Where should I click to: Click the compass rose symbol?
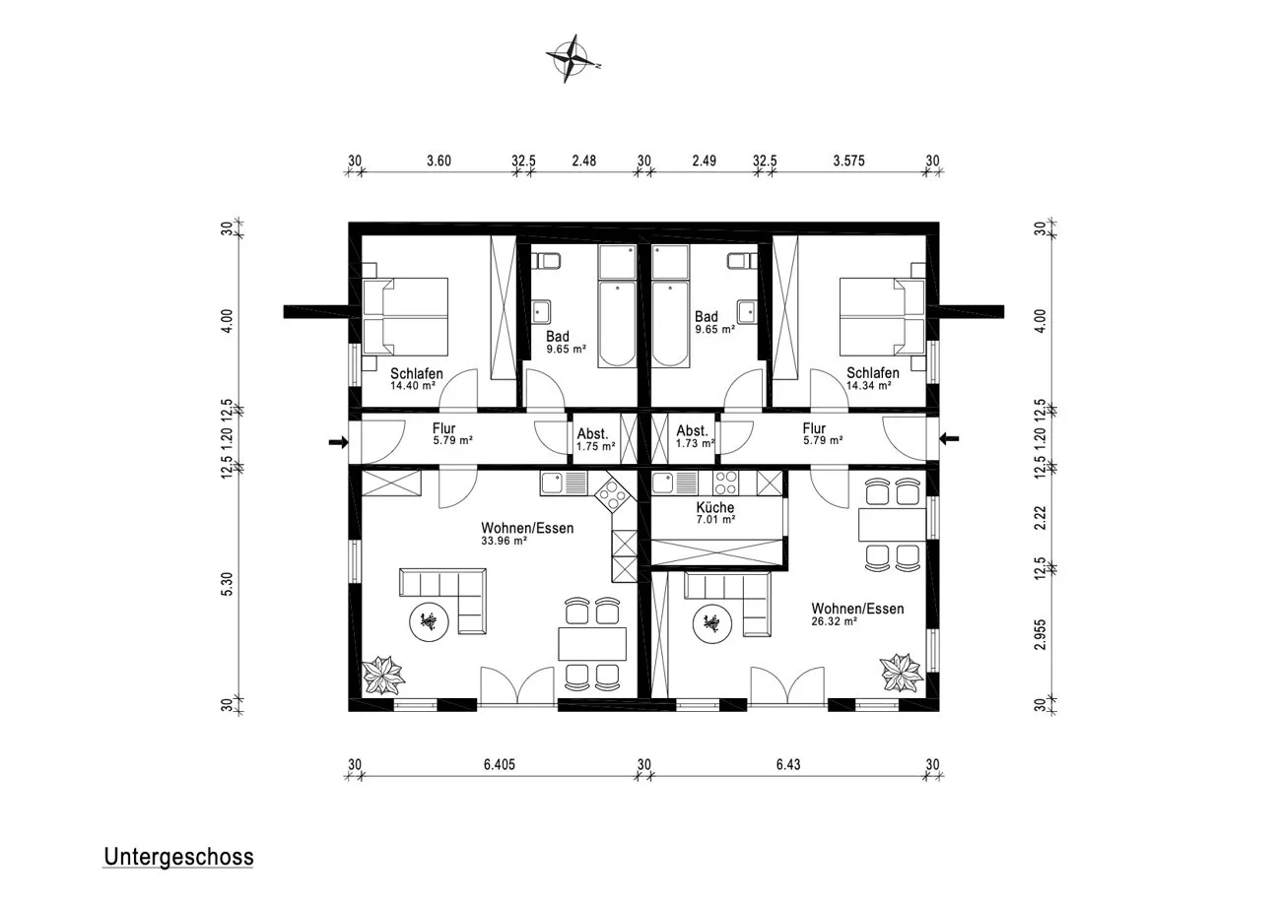(x=570, y=58)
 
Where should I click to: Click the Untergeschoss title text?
(x=178, y=857)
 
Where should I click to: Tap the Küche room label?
(x=714, y=507)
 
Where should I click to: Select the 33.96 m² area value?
(x=504, y=541)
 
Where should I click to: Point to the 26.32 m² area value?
(x=834, y=621)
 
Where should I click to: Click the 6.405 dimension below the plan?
(x=500, y=764)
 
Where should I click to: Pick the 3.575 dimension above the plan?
(x=848, y=161)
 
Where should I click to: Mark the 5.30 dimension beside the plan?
(x=227, y=585)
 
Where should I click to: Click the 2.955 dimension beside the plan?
(x=1041, y=634)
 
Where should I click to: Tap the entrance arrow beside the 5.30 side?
(x=339, y=441)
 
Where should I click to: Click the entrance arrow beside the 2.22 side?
(x=949, y=438)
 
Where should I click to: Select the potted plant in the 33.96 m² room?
(x=382, y=676)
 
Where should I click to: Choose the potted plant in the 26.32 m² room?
(x=902, y=673)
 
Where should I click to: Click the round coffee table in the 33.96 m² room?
(x=429, y=622)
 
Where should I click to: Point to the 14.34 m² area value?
(x=869, y=386)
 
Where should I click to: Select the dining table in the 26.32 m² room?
(x=892, y=525)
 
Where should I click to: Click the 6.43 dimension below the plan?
(x=788, y=764)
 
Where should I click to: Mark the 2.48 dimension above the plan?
(x=584, y=161)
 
